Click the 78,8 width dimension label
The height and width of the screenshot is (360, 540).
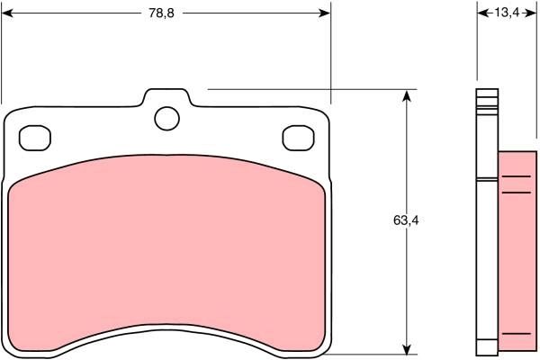(163, 13)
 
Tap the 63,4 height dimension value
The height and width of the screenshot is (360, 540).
(405, 220)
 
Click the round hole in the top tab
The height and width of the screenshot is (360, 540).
(166, 117)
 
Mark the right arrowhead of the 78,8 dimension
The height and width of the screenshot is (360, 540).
(325, 13)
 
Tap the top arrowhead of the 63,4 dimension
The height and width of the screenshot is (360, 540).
(409, 95)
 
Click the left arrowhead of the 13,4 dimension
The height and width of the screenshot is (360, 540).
(481, 13)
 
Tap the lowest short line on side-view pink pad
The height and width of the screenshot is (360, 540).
(516, 333)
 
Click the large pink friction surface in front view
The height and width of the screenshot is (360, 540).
(166, 252)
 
